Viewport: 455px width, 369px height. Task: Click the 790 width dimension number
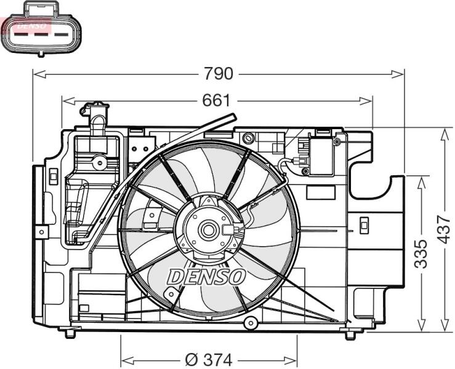[x=218, y=74]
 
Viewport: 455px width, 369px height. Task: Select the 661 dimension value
[x=216, y=101]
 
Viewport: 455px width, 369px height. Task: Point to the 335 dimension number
[x=421, y=254]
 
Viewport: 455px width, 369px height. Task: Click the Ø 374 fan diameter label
[x=209, y=360]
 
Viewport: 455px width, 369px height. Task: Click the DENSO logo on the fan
[x=206, y=277]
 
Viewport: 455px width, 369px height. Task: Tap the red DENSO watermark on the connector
[x=31, y=26]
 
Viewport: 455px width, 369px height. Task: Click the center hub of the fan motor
[x=207, y=230]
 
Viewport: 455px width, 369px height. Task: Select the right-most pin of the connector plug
[x=62, y=35]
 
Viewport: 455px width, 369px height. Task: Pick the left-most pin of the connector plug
[x=21, y=35]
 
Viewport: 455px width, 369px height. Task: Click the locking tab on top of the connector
[x=41, y=8]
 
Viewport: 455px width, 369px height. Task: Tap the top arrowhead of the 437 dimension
[x=444, y=135]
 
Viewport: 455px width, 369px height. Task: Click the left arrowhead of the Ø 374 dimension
[x=127, y=360]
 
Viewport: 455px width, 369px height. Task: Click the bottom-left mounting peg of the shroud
[x=70, y=333]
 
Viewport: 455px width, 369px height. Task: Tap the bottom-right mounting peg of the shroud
[x=350, y=335]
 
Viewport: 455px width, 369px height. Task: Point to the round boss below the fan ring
[x=251, y=322]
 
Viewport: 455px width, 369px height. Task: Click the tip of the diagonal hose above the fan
[x=233, y=117]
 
